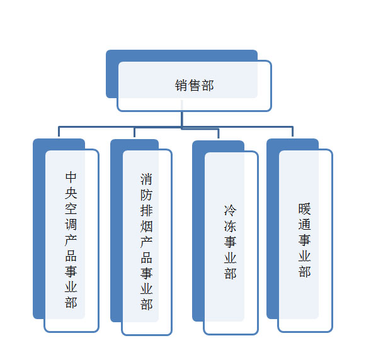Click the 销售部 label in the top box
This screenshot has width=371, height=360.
coord(194,86)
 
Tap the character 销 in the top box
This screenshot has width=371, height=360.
coord(181,86)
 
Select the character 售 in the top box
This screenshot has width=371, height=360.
coord(194,86)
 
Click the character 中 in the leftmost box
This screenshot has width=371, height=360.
coord(71,177)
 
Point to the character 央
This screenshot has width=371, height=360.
coord(71,193)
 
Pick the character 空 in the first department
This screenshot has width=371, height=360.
coord(71,209)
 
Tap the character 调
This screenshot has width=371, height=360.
coord(71,225)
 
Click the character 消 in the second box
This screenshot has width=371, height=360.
coord(146,179)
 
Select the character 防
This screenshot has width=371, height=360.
coord(146,194)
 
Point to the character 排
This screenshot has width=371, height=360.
coord(146,210)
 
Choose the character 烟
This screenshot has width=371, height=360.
coord(146,226)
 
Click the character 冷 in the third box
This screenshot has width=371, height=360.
coord(230,210)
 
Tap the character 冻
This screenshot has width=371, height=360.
coord(230,226)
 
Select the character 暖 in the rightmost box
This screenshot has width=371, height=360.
coord(304,209)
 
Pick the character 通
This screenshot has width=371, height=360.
coord(304,225)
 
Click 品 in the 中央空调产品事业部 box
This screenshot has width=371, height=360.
coord(71,256)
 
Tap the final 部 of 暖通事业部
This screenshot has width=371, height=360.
coord(304,272)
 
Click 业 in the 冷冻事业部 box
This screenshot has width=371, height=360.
coord(230,257)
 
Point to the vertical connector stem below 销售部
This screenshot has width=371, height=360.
coord(181,115)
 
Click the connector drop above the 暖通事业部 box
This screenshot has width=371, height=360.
coord(293,132)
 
